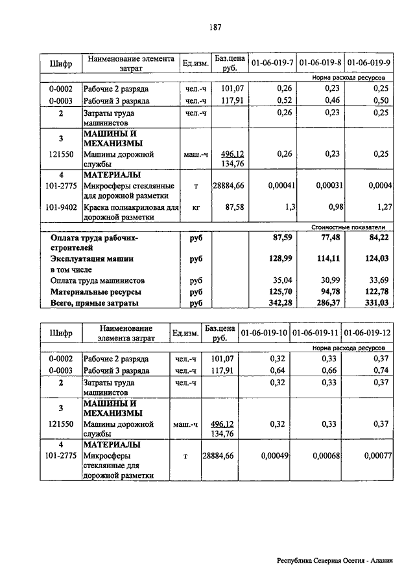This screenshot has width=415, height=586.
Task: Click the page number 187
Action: tap(216, 27)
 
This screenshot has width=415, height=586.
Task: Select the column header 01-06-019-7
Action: tap(272, 63)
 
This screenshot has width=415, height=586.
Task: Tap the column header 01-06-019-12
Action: tap(368, 333)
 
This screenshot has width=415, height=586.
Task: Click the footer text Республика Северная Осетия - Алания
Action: tap(335, 562)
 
